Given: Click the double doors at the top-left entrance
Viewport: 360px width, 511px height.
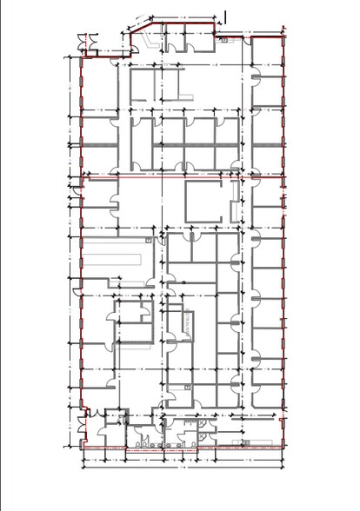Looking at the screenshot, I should point(84,43).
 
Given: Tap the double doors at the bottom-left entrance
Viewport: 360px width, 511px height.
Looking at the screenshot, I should point(84,428).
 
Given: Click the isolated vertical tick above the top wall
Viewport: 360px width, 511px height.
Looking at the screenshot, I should point(225,15).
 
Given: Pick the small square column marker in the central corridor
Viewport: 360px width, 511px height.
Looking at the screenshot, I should point(183,282).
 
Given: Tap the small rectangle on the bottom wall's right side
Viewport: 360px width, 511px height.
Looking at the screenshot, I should point(245,443).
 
